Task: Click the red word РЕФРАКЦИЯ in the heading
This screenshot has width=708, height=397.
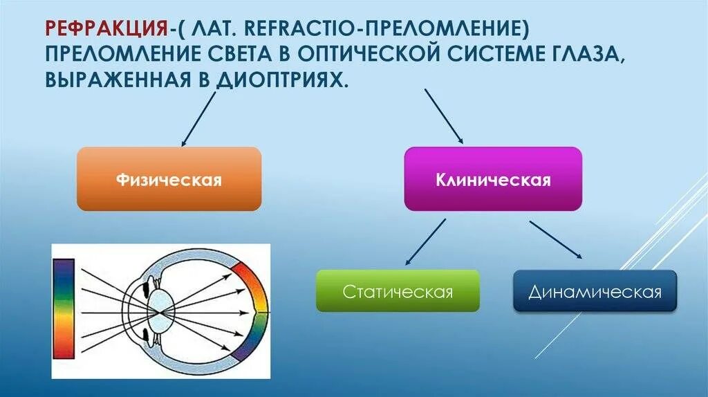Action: [x=104, y=28]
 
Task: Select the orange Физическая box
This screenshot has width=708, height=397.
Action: [x=169, y=179]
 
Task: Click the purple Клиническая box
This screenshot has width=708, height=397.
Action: [x=493, y=179]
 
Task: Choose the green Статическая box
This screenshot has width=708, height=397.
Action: [x=398, y=290]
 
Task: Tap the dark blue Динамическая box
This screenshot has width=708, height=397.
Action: [x=595, y=290]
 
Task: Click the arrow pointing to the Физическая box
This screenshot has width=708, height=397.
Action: [x=198, y=118]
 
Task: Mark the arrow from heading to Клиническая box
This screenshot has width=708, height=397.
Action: [x=443, y=116]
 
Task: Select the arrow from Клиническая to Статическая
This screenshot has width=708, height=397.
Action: [x=425, y=242]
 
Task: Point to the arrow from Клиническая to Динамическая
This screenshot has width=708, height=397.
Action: [x=555, y=239]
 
